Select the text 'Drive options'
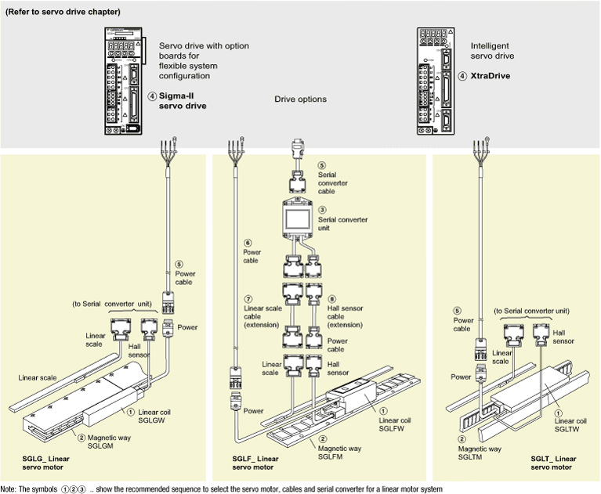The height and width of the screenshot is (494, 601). [300, 99]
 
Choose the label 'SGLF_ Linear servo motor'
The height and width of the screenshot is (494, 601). [257, 462]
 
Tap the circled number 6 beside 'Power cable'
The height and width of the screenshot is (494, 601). [247, 243]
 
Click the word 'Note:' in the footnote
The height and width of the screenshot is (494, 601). [11, 489]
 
